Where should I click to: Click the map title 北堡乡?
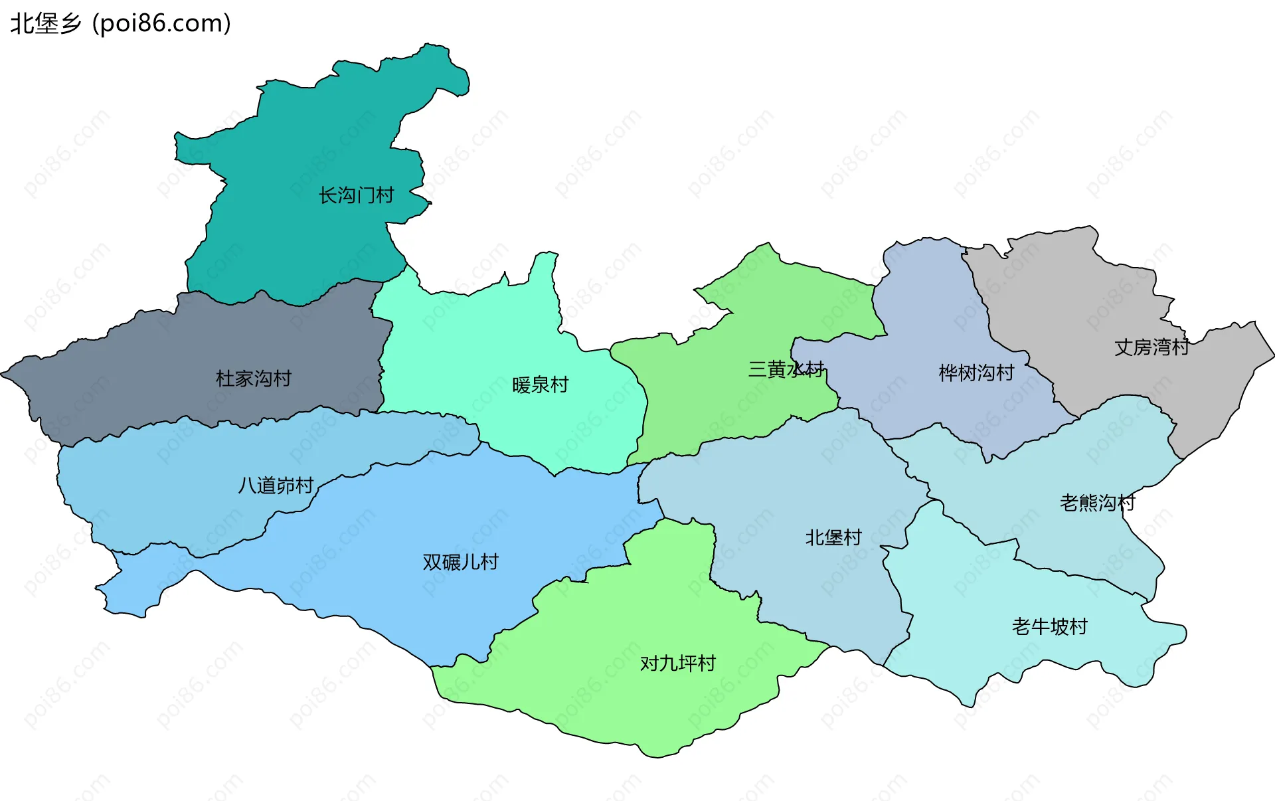tap(45, 23)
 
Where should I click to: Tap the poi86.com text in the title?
tap(161, 23)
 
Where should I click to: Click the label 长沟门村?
tap(356, 195)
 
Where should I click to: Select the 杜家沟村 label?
tap(254, 379)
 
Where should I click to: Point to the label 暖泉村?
tap(540, 385)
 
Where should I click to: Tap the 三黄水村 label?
tap(786, 369)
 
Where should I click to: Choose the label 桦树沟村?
tap(976, 373)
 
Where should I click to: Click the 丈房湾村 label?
tap(1151, 347)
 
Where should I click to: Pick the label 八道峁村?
tap(276, 486)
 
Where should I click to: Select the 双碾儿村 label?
tap(460, 562)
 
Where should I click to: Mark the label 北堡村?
tap(833, 537)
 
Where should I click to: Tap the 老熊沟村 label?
tap(1097, 502)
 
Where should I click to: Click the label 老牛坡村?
tap(1049, 626)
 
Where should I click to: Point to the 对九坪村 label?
tap(677, 663)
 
